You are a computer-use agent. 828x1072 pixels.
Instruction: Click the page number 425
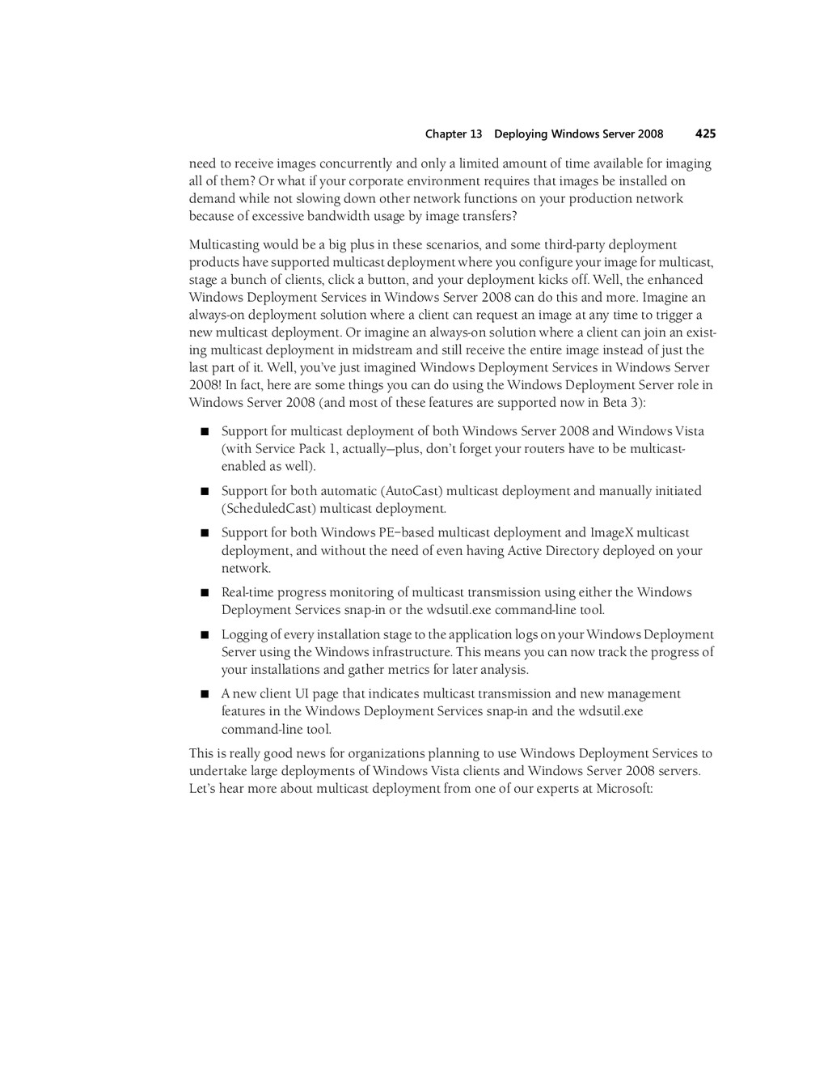(x=705, y=133)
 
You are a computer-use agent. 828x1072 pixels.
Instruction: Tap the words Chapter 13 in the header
(x=453, y=134)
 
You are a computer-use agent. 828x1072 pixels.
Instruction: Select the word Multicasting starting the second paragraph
(x=224, y=245)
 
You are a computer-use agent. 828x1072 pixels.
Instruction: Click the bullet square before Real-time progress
(x=205, y=593)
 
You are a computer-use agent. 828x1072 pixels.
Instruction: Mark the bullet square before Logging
(x=205, y=635)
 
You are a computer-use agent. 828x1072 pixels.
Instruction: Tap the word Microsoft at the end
(x=623, y=789)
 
